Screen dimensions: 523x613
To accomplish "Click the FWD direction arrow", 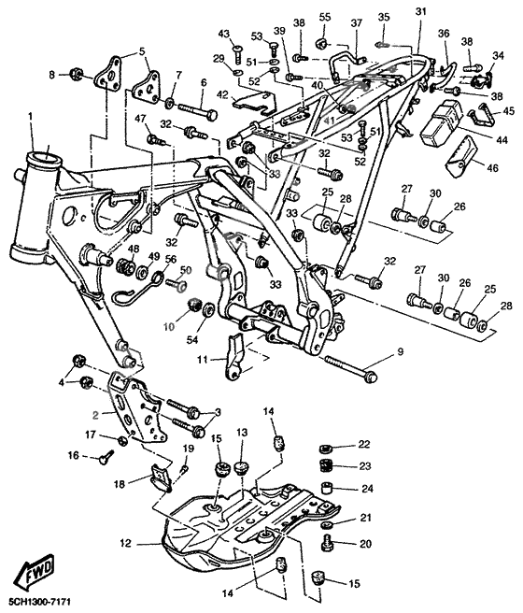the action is (37, 570).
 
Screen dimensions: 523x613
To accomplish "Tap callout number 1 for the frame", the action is (31, 118).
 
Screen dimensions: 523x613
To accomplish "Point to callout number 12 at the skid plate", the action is (127, 544).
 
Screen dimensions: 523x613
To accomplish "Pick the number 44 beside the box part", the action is (502, 140).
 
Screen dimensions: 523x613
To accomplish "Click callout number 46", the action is (492, 168).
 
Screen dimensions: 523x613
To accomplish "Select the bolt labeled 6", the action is (198, 110).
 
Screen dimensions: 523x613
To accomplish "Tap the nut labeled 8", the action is (76, 73).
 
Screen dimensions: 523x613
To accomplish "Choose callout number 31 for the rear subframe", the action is (420, 12).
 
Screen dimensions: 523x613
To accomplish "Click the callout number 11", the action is (202, 360).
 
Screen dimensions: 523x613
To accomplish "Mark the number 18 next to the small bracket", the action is (120, 484).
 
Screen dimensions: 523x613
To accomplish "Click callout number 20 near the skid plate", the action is (365, 544).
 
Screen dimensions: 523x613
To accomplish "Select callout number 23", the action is (365, 466).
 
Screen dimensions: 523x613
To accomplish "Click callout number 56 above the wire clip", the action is (171, 259).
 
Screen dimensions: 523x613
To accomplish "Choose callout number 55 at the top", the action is (325, 17).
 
